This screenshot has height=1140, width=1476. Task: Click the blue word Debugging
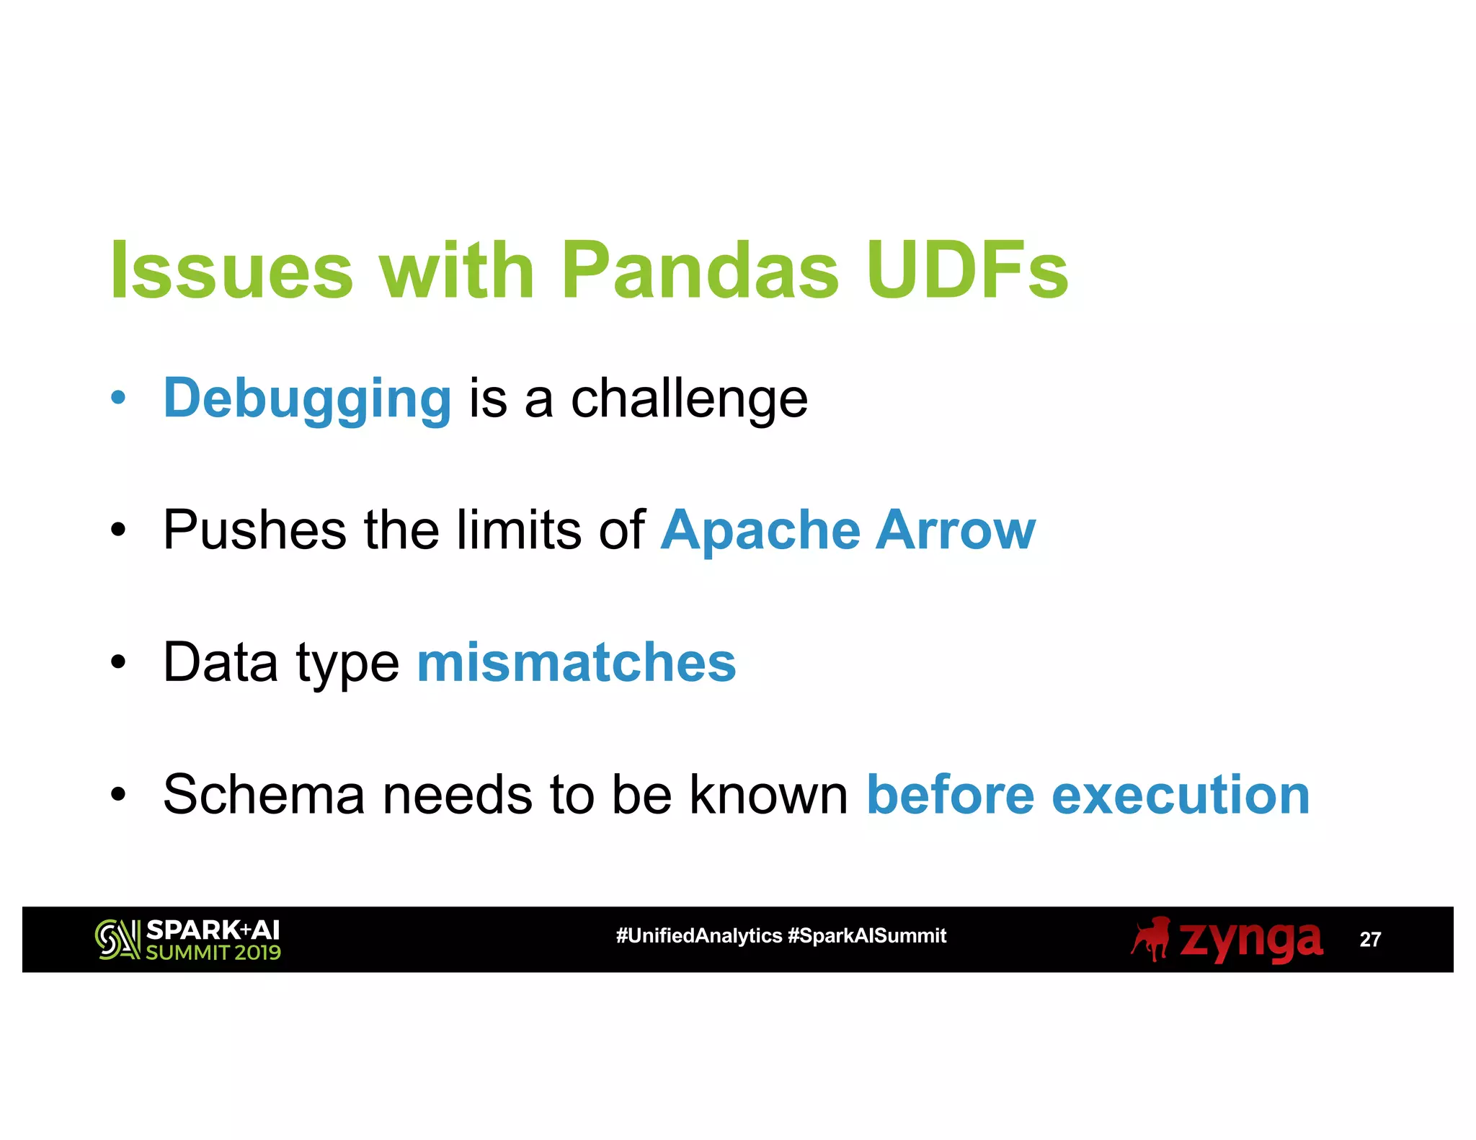[308, 398]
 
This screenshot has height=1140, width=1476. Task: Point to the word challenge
[689, 398]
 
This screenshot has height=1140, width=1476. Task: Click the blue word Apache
[760, 530]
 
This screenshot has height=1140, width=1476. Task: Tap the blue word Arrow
[956, 530]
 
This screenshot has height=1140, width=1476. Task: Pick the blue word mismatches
[577, 662]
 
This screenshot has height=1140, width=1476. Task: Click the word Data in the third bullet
[221, 662]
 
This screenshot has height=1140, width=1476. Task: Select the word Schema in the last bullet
[264, 794]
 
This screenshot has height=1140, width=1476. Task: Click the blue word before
[950, 794]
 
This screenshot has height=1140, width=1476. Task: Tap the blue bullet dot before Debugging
[118, 398]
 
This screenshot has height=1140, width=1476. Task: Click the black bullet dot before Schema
[118, 795]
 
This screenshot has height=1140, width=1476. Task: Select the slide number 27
[1369, 940]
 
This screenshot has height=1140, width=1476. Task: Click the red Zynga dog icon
[1151, 938]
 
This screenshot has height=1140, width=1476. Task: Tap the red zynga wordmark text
[1250, 940]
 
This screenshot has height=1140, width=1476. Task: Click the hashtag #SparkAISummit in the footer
[867, 936]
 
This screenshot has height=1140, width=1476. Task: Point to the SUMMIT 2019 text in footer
[213, 953]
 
